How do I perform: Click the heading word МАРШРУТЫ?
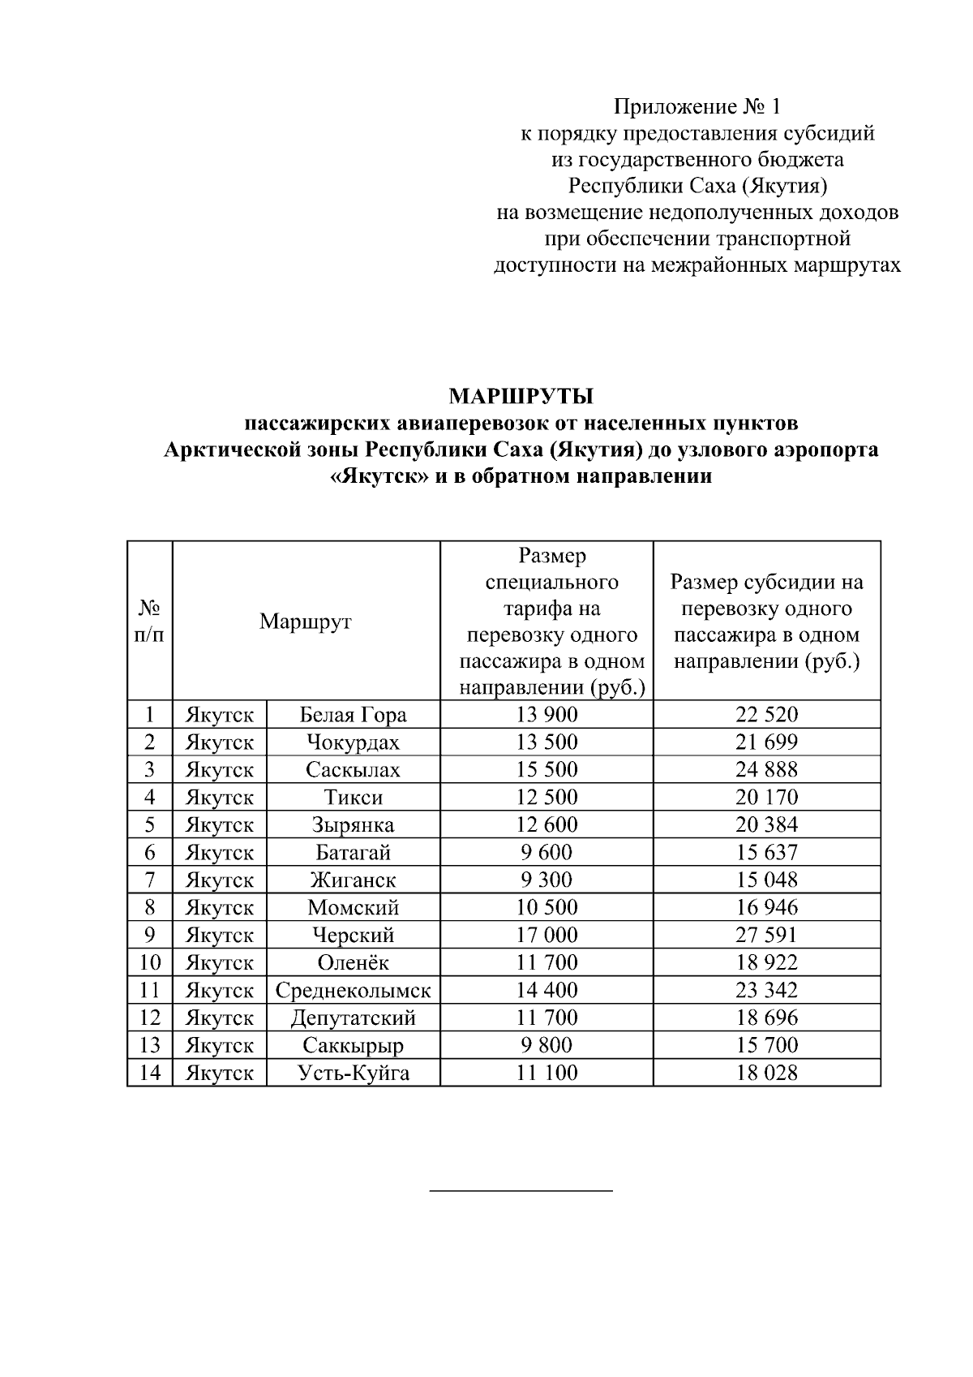pos(521,396)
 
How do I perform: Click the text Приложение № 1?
pos(698,107)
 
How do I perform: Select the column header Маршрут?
pos(306,622)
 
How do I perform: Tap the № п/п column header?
pos(149,622)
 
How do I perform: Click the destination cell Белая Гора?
pos(353,715)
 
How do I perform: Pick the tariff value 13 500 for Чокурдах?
pos(547,742)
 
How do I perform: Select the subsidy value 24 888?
pos(766,770)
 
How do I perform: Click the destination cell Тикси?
pos(353,798)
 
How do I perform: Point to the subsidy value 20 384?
pos(766,825)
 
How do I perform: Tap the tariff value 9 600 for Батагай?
pos(547,853)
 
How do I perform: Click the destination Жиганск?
pos(353,880)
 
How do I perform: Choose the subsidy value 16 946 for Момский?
pos(766,908)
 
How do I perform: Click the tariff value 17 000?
pos(547,936)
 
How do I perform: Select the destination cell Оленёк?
pos(353,963)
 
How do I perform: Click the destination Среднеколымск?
pos(353,991)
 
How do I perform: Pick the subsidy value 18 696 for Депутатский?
pos(766,1018)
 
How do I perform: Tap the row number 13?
pos(149,1046)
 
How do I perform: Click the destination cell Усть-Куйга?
pos(353,1074)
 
